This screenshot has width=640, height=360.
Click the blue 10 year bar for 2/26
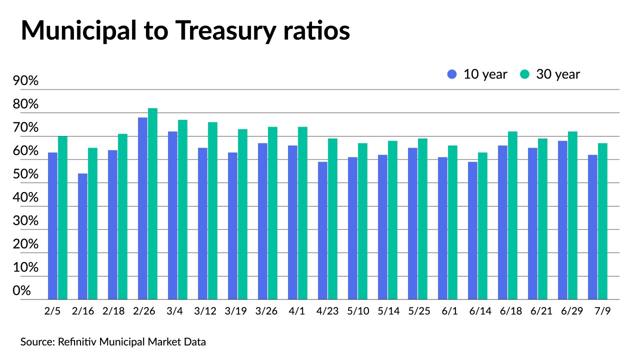pyautogui.click(x=142, y=208)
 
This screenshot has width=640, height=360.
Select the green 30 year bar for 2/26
pyautogui.click(x=152, y=204)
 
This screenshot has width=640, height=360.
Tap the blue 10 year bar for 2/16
pyautogui.click(x=82, y=236)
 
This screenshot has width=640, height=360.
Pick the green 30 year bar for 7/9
pyautogui.click(x=602, y=221)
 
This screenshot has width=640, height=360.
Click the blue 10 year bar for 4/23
pyautogui.click(x=322, y=230)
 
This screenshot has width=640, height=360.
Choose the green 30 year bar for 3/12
pyautogui.click(x=212, y=211)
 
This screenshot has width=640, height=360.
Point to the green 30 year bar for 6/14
pyautogui.click(x=482, y=226)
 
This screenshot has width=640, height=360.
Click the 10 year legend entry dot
pyautogui.click(x=452, y=74)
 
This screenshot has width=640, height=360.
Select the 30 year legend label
pyautogui.click(x=558, y=74)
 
